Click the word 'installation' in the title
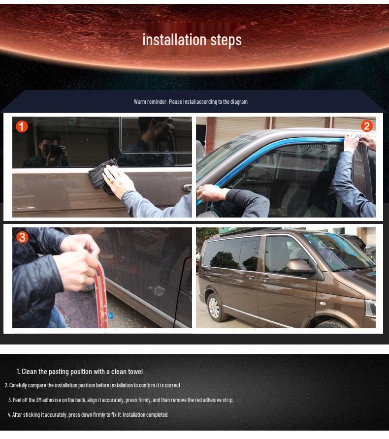click(x=167, y=39)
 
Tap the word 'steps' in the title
click(x=226, y=40)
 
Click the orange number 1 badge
click(x=22, y=126)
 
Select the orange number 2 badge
click(x=366, y=126)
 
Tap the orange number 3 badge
click(x=22, y=237)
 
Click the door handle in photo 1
click(x=187, y=188)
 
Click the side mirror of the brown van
click(x=299, y=266)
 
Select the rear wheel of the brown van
click(x=215, y=306)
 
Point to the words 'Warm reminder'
click(x=150, y=102)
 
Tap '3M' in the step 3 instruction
click(x=39, y=400)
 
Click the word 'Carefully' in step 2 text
click(x=19, y=385)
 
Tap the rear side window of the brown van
click(x=231, y=253)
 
